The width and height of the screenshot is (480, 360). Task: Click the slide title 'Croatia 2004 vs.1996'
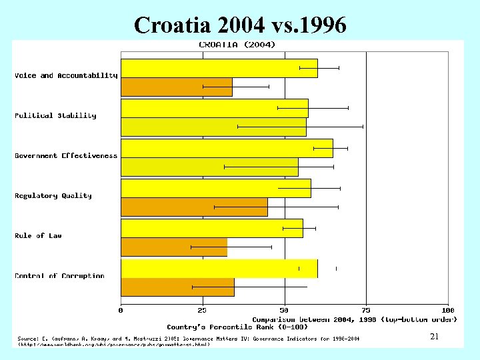click(240, 25)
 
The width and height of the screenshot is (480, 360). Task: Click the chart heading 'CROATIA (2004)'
click(237, 45)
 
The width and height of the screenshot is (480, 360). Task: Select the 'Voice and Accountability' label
click(66, 75)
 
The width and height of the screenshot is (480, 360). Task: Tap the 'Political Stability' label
click(55, 115)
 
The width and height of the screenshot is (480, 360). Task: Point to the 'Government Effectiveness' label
click(66, 155)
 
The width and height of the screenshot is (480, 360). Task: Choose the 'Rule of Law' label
click(38, 235)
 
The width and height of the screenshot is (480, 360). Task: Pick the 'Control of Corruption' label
click(59, 275)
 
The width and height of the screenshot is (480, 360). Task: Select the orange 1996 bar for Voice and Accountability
click(176, 87)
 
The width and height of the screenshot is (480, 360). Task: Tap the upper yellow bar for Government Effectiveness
click(227, 148)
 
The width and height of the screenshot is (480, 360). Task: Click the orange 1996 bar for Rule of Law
click(173, 247)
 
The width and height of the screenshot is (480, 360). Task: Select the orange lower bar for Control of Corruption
click(177, 287)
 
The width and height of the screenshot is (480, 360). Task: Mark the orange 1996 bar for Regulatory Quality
click(194, 207)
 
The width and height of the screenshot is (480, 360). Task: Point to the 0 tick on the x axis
click(121, 310)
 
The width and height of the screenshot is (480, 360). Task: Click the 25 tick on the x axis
click(202, 310)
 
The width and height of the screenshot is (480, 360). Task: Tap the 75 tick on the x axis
click(366, 310)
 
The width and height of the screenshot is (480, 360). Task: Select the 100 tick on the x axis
click(447, 310)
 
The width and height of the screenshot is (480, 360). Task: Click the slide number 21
click(434, 337)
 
